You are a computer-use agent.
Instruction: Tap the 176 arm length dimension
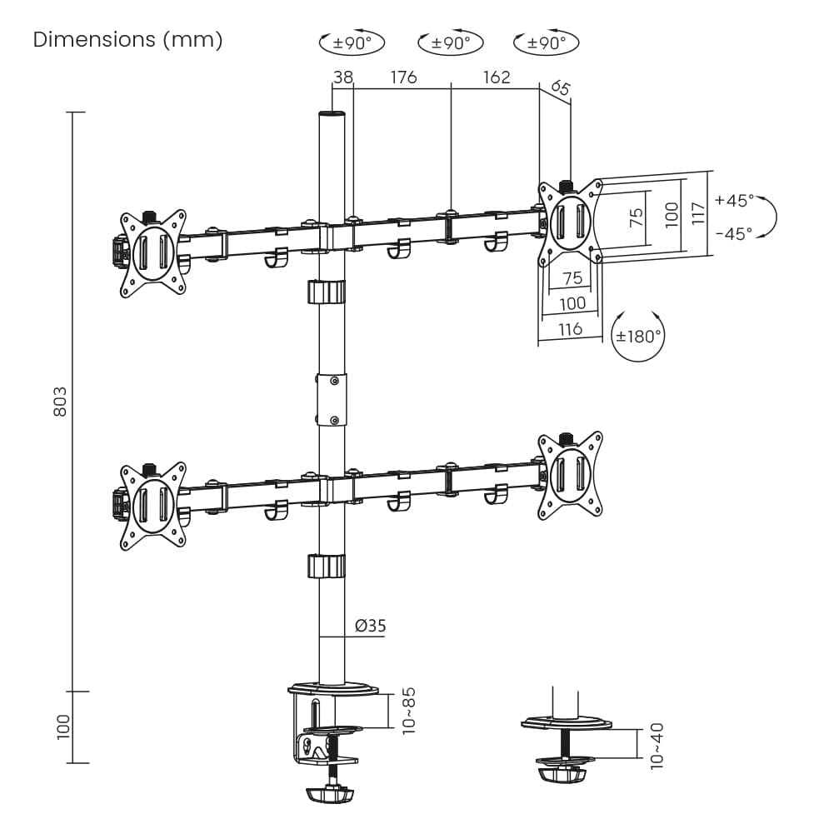(x=403, y=77)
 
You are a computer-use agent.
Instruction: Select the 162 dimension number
(x=497, y=77)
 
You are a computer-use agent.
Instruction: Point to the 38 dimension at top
(x=343, y=77)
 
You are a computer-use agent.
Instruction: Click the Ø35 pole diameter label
(x=370, y=625)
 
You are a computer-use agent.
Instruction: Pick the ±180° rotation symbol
(x=637, y=336)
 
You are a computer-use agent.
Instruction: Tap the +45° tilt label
(x=734, y=200)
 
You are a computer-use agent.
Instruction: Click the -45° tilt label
(x=734, y=233)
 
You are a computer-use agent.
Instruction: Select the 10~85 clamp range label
(x=408, y=711)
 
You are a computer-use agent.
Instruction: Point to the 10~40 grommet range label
(x=657, y=746)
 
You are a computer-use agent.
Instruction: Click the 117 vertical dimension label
(x=698, y=213)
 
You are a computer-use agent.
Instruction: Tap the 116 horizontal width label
(x=570, y=329)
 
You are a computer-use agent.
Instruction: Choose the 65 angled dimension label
(x=560, y=87)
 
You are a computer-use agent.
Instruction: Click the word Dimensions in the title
(x=94, y=40)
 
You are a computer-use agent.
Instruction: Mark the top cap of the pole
(x=332, y=113)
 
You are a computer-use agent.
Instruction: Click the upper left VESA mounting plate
(x=152, y=253)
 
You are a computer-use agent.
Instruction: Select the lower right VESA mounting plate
(x=571, y=476)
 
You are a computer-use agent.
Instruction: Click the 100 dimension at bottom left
(x=63, y=727)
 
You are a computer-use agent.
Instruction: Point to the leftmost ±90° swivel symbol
(x=352, y=42)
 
